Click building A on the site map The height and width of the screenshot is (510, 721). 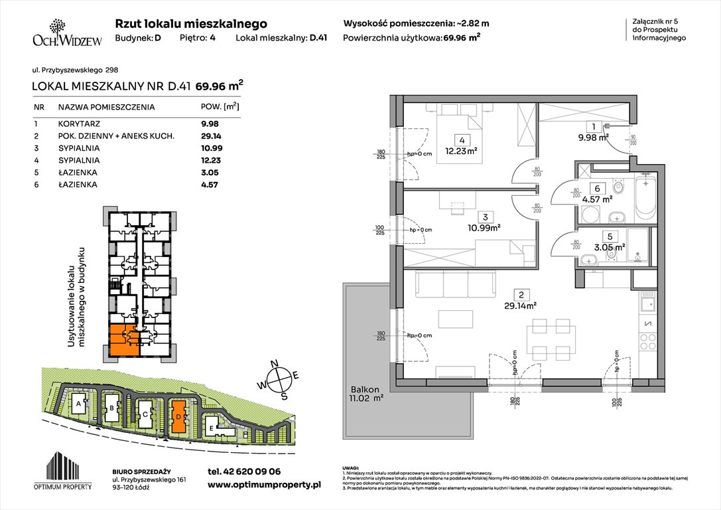(x=79, y=403)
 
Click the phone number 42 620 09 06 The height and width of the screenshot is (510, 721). (x=243, y=471)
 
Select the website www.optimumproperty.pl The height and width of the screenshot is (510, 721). (x=264, y=485)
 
